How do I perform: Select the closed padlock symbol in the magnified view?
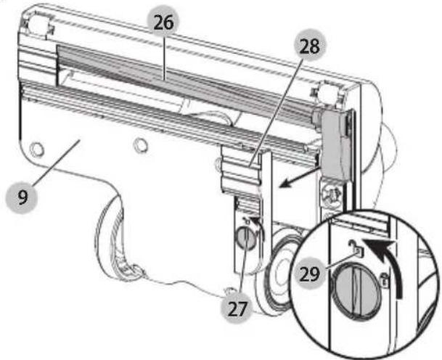pos(385,279)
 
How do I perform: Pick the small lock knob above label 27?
pos(245,236)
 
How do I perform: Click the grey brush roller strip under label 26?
pos(181,75)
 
